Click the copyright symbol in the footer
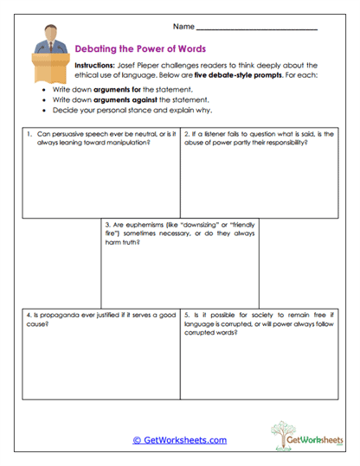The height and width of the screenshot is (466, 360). point(137,440)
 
